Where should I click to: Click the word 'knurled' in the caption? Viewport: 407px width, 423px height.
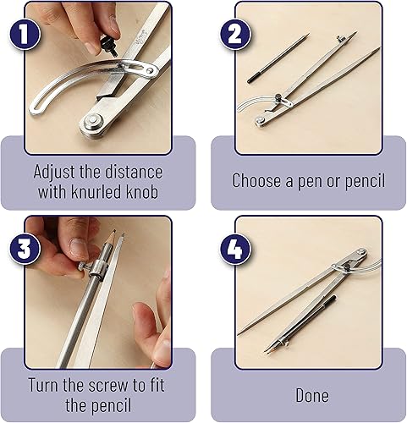(96, 191)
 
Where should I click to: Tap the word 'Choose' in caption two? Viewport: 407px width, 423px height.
(258, 180)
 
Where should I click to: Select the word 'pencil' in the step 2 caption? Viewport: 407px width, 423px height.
(361, 180)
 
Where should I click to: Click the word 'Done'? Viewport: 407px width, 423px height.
(311, 395)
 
